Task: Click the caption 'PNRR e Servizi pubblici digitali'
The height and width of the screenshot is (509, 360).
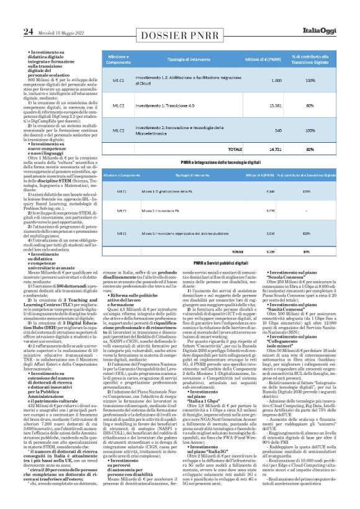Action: [220, 263]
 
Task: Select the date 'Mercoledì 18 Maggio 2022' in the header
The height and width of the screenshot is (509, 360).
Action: [60, 32]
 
